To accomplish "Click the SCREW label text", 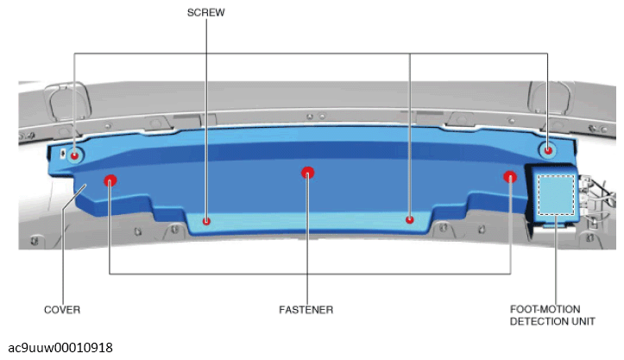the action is point(205,13).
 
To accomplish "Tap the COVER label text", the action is point(62,310).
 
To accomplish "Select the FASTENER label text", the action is point(306,310).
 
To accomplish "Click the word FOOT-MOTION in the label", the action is point(545,309).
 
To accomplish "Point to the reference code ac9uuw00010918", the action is point(60,348).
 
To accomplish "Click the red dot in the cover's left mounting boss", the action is point(74,155).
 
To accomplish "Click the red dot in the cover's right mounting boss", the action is point(548,150).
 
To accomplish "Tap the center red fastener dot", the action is point(307,173).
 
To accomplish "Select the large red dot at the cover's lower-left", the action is point(110,180).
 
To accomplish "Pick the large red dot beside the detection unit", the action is point(510,177).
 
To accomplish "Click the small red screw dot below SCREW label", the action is point(206,221).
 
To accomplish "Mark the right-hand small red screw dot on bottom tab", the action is point(409,219).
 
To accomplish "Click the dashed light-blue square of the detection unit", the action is point(557,195).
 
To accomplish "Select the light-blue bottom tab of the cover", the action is point(308,223).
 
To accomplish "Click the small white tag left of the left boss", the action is point(63,154).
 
